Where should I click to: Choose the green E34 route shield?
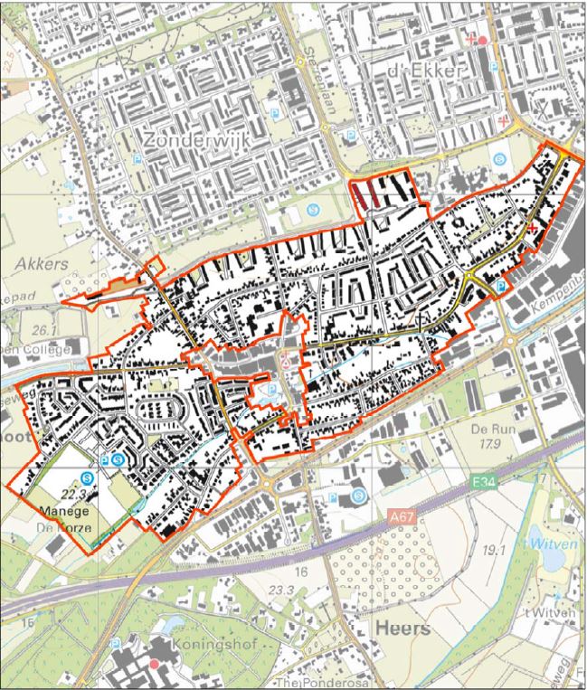pos(485,486)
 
